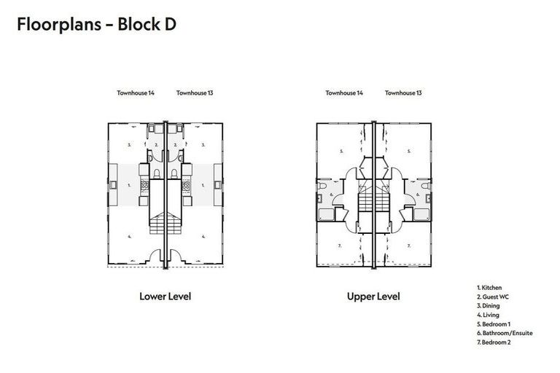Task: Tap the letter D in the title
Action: [x=171, y=25]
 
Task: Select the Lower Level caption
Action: [x=166, y=297]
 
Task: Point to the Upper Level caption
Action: [x=373, y=297]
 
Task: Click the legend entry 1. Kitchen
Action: [x=489, y=287]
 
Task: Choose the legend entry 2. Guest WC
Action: [x=493, y=297]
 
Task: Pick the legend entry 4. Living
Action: [x=488, y=315]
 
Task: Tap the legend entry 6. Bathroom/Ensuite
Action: [x=505, y=333]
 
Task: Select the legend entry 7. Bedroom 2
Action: [x=494, y=342]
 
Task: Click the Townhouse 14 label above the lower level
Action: [x=136, y=93]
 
